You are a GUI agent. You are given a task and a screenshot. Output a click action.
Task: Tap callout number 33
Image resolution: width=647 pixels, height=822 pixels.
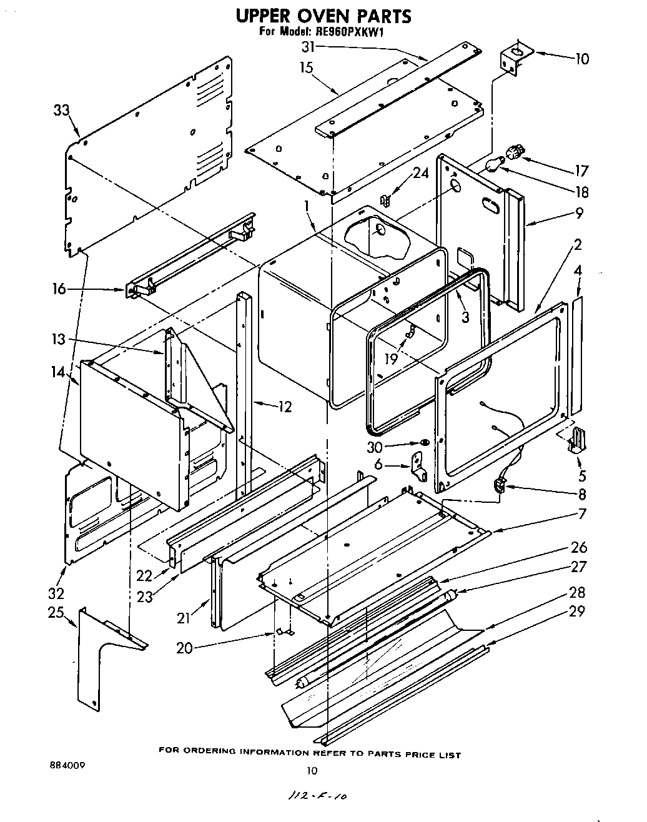point(61,111)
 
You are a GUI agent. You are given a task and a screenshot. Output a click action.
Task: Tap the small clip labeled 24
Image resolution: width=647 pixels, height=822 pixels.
point(385,201)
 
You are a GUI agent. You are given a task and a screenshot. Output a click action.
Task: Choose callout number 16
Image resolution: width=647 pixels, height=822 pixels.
point(59,289)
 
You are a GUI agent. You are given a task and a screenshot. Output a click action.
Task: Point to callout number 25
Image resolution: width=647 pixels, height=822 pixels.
point(57,612)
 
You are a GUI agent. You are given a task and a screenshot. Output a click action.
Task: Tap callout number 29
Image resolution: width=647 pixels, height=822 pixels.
point(577,611)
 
